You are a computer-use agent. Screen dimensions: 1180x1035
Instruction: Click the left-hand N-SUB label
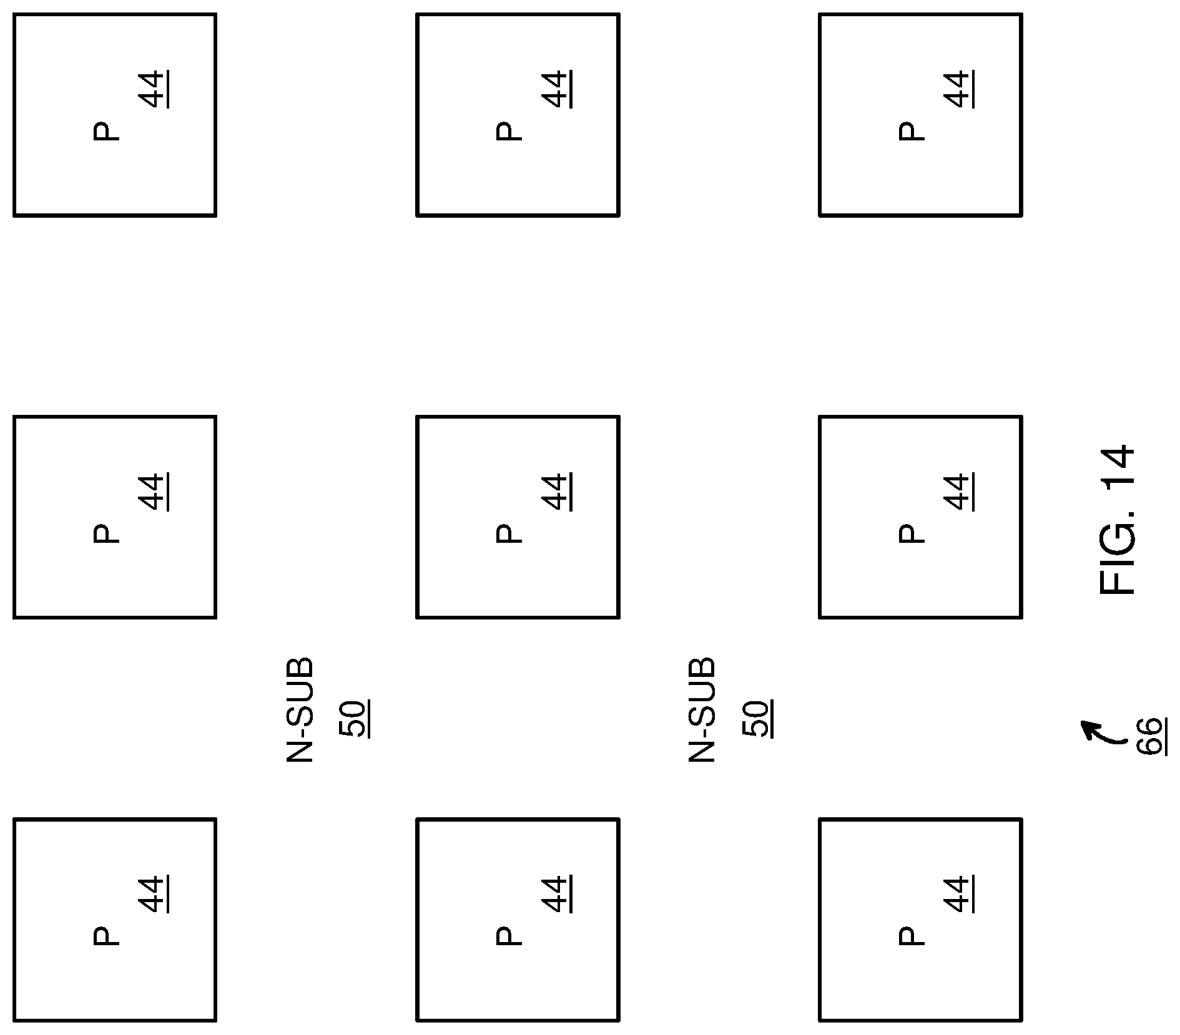pyautogui.click(x=300, y=709)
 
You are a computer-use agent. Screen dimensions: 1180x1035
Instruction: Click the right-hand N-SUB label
pyautogui.click(x=702, y=709)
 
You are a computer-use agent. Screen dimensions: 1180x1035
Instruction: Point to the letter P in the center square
pyautogui.click(x=509, y=533)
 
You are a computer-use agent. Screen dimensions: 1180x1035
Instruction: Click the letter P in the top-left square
pyautogui.click(x=106, y=131)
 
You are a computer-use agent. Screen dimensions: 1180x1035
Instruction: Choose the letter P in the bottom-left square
pyautogui.click(x=106, y=936)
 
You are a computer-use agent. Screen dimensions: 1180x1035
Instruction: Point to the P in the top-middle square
pyautogui.click(x=509, y=131)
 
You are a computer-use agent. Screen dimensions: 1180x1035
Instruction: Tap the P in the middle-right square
pyautogui.click(x=912, y=533)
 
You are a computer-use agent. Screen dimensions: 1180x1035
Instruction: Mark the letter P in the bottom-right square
pyautogui.click(x=912, y=936)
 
